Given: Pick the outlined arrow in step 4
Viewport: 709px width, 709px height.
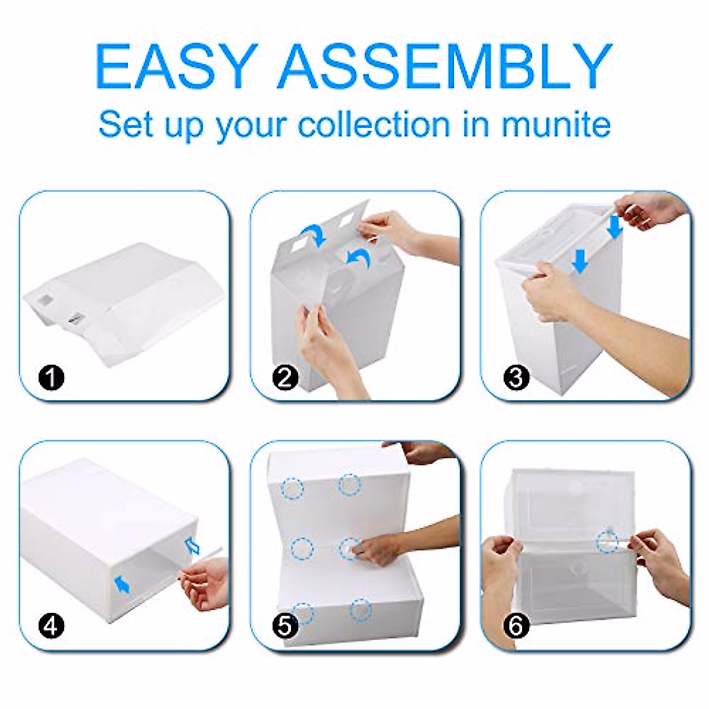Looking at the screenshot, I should pyautogui.click(x=193, y=545).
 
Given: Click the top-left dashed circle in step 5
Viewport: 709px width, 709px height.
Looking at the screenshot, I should pyautogui.click(x=292, y=488).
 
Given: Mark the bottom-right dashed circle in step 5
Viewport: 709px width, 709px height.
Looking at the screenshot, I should pyautogui.click(x=360, y=609).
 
